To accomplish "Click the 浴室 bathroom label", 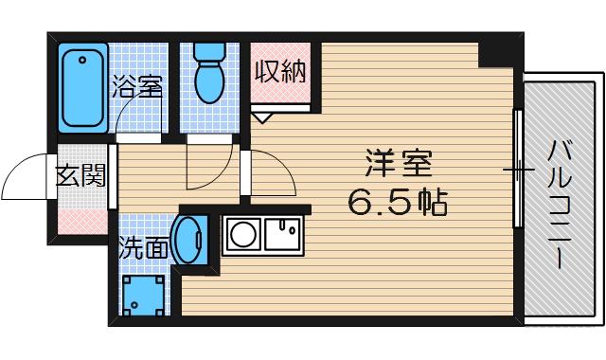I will click(136, 88).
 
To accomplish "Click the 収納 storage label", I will click(280, 72).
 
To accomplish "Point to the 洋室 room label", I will click(398, 164).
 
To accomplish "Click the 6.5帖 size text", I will click(398, 200).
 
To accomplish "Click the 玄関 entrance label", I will click(80, 175).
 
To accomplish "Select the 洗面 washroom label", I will click(144, 248).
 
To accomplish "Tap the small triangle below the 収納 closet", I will click(262, 117).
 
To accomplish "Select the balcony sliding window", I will click(518, 170).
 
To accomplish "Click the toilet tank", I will click(205, 51).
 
